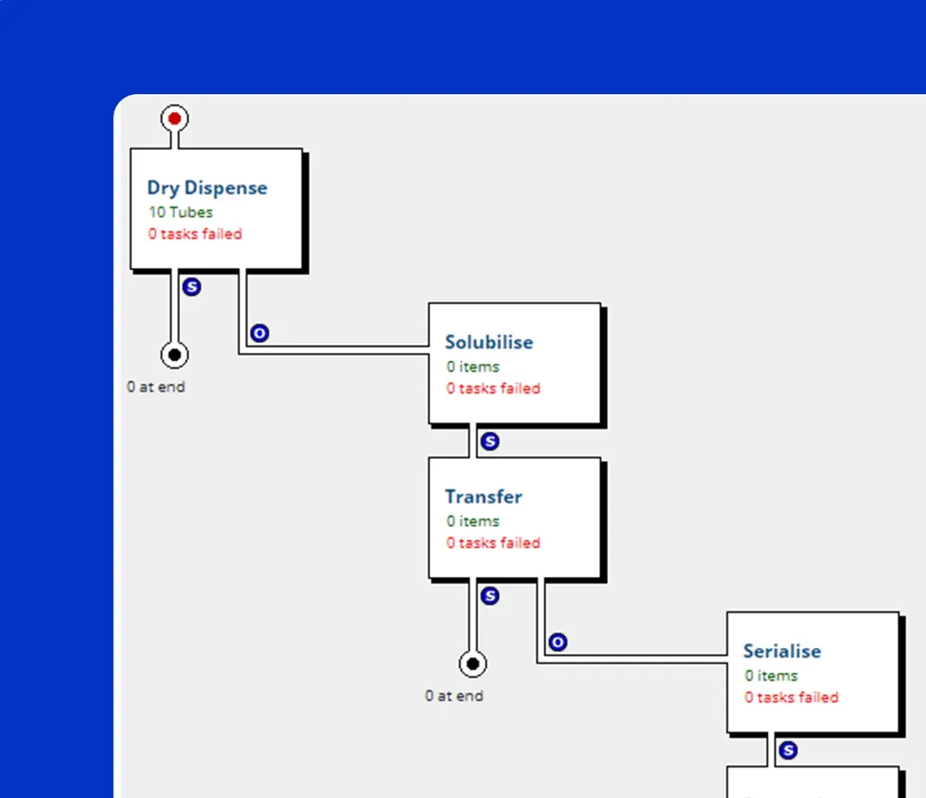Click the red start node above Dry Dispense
pyautogui.click(x=175, y=119)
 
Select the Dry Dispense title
pyautogui.click(x=207, y=188)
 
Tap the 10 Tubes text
pyautogui.click(x=180, y=212)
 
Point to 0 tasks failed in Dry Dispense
pyautogui.click(x=195, y=234)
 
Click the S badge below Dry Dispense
pyautogui.click(x=192, y=286)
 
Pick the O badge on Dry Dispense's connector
pyautogui.click(x=259, y=334)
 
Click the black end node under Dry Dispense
pyautogui.click(x=175, y=354)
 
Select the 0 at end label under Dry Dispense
pyautogui.click(x=156, y=387)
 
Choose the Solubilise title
pyautogui.click(x=489, y=342)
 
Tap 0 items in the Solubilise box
pyautogui.click(x=473, y=367)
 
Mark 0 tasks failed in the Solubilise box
pyautogui.click(x=493, y=389)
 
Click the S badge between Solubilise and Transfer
pyautogui.click(x=490, y=441)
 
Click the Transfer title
pyautogui.click(x=483, y=497)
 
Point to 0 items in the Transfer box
pyautogui.click(x=473, y=521)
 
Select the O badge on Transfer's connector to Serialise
pyautogui.click(x=558, y=642)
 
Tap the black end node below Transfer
pyautogui.click(x=473, y=663)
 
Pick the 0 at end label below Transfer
pyautogui.click(x=453, y=696)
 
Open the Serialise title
pyautogui.click(x=782, y=651)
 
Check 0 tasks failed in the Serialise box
pyautogui.click(x=791, y=697)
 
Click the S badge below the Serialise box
pyautogui.click(x=788, y=750)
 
